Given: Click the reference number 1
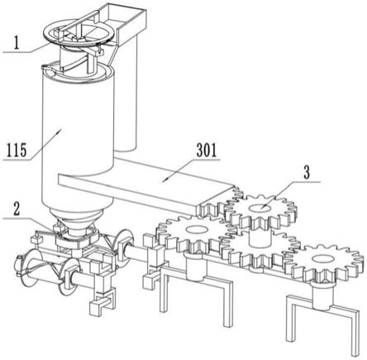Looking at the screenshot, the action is [17, 43].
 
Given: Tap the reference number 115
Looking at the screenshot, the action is [17, 151].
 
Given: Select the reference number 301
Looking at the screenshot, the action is [207, 151].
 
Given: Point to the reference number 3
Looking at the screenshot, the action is [307, 173].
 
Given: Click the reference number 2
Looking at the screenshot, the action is [17, 209].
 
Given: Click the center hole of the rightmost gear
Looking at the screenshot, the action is [322, 258].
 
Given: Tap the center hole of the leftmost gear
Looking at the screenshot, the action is [196, 228].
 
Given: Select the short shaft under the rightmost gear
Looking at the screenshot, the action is [322, 295].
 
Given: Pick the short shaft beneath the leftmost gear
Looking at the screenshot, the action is [196, 267].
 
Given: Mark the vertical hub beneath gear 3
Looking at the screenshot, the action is [260, 238].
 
